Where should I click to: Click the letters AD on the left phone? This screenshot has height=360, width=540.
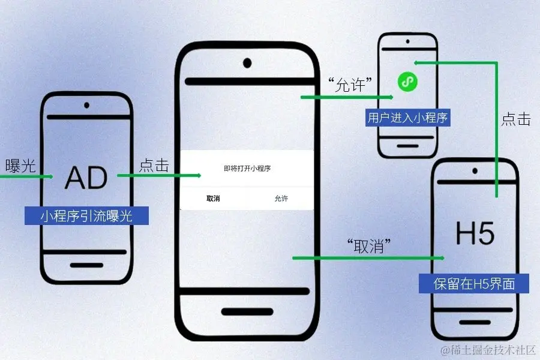[86, 177]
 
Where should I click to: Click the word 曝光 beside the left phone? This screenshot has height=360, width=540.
[20, 166]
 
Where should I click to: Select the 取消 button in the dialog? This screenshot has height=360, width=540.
[213, 199]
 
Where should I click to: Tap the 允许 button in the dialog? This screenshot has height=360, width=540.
[281, 199]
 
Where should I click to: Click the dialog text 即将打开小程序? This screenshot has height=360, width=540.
[247, 169]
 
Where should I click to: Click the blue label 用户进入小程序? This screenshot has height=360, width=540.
[407, 118]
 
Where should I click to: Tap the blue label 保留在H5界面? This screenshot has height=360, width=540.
[474, 283]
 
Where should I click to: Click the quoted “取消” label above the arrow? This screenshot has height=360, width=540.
[369, 245]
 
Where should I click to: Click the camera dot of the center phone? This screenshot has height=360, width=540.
[247, 62]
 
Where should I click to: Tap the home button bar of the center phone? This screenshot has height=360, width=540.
[247, 311]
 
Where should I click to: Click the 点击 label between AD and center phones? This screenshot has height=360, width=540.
[154, 166]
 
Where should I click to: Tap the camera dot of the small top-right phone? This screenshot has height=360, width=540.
[407, 42]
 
